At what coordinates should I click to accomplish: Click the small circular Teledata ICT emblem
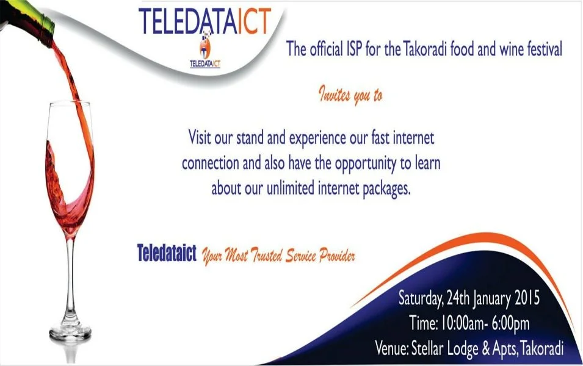point(205,47)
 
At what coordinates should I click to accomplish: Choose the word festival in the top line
point(542,49)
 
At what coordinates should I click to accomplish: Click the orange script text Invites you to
point(350,96)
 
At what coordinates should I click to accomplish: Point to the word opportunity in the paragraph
point(366,164)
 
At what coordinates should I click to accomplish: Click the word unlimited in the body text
point(291,188)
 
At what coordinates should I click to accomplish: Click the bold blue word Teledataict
point(167,253)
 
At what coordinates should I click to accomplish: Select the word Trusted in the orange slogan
point(266,256)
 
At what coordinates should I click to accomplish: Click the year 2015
point(527,298)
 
